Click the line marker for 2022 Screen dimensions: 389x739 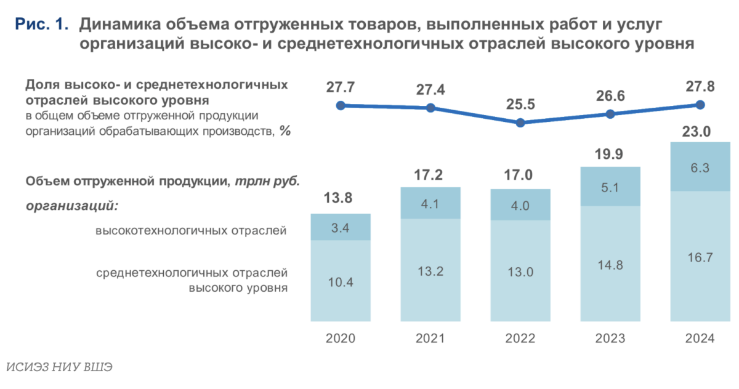(520, 122)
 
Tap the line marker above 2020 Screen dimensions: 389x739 (341, 105)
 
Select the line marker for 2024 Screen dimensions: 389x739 (700, 105)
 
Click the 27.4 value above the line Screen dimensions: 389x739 (430, 90)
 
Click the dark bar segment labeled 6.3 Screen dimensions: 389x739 (700, 167)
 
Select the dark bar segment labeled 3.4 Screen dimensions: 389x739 (341, 227)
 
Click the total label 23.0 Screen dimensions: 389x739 (700, 132)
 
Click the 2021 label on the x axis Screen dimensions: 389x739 (430, 339)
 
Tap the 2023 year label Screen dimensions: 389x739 (610, 339)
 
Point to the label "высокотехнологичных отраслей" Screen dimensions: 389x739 (191, 231)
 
